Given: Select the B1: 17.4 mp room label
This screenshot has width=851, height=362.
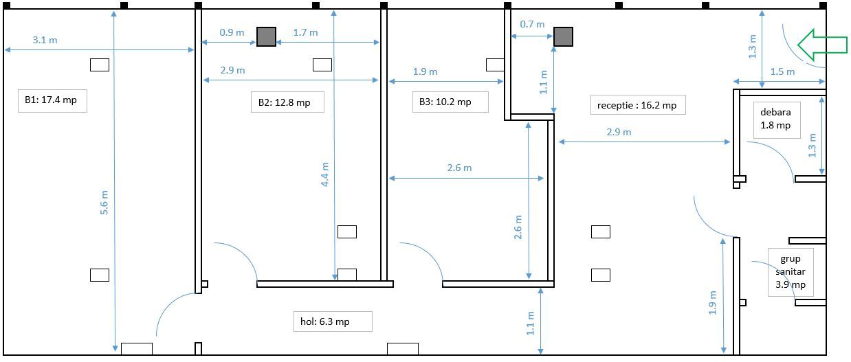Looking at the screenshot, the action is click(x=51, y=100).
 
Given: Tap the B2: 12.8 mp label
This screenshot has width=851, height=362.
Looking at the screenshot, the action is click(x=284, y=102).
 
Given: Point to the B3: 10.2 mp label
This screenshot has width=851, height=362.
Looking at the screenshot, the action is click(x=445, y=102).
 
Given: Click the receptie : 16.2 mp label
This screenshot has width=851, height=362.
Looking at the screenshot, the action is click(x=637, y=105).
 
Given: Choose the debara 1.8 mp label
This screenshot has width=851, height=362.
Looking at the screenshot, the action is click(x=775, y=118).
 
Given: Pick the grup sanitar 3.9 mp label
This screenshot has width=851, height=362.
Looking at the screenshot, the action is click(x=791, y=272).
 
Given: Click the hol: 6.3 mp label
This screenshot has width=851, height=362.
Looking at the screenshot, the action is click(x=325, y=321).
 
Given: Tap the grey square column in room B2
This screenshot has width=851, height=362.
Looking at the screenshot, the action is click(x=266, y=37).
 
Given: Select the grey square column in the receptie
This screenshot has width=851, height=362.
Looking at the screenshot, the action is click(x=563, y=37).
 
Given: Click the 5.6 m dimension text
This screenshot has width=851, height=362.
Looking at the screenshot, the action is click(x=104, y=203).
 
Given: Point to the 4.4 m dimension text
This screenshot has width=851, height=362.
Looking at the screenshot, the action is click(x=325, y=174).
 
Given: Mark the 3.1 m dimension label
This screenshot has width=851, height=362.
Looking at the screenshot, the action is click(x=45, y=40).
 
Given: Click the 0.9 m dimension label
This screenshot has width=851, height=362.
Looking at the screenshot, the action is click(x=232, y=32).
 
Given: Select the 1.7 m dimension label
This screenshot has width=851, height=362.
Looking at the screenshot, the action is click(x=305, y=32).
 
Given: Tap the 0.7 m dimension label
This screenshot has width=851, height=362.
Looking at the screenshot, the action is click(x=532, y=24).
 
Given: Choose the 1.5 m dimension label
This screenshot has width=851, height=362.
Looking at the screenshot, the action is click(x=782, y=71).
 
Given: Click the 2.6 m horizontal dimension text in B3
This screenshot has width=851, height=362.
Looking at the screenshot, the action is click(x=459, y=168).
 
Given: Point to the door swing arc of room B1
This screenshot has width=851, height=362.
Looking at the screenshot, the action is click(x=167, y=306).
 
